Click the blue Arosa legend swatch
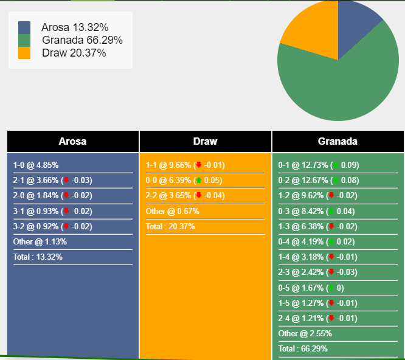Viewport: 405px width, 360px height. [x=24, y=27]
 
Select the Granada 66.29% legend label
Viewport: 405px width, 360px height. [x=82, y=40]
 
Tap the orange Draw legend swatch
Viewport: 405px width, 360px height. [x=24, y=53]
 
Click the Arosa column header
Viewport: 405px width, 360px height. [x=72, y=142]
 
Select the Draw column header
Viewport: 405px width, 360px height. [x=205, y=142]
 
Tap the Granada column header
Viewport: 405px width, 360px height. [x=337, y=142]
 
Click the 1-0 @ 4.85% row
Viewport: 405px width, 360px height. [x=36, y=165]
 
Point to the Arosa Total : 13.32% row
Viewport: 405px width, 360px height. [x=38, y=257]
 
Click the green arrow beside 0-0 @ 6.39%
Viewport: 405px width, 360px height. [x=199, y=181]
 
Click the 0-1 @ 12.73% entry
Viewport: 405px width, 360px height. [x=303, y=165]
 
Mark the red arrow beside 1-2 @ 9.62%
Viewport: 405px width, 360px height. [x=331, y=196]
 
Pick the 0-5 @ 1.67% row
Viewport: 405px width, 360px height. [x=300, y=288]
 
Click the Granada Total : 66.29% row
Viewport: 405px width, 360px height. [x=303, y=349]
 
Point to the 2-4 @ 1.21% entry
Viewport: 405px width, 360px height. [x=300, y=318]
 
